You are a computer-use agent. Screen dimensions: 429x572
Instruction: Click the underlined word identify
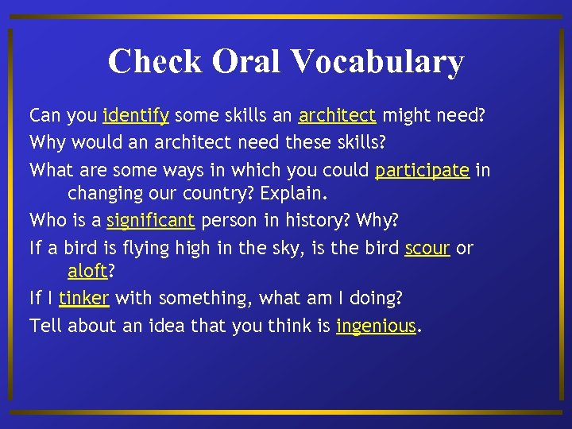(x=136, y=116)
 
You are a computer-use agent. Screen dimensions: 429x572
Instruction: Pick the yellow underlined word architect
(x=337, y=116)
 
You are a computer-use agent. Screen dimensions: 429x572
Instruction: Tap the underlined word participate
(x=422, y=171)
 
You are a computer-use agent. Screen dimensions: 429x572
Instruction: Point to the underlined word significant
(x=150, y=220)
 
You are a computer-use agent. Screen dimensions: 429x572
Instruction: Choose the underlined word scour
(x=427, y=248)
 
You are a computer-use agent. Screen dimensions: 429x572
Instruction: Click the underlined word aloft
(x=87, y=271)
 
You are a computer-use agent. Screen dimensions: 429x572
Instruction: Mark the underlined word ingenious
(x=376, y=327)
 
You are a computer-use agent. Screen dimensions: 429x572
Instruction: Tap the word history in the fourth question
(x=322, y=220)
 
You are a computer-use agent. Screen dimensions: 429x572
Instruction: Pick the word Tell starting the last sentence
(x=45, y=326)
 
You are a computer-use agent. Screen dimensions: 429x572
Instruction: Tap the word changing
(x=103, y=194)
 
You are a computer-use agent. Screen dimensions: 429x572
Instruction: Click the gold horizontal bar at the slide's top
(x=286, y=16)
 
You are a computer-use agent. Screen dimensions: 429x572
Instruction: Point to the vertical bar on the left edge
(x=10, y=214)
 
